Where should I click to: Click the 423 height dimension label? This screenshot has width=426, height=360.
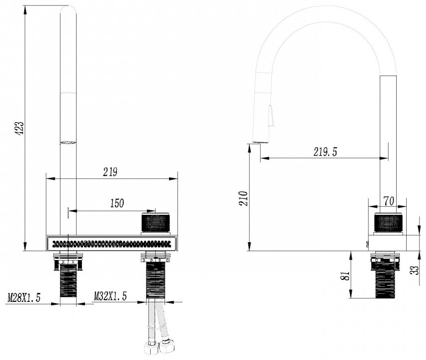[19, 128]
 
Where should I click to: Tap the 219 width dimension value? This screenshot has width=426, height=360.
[110, 172]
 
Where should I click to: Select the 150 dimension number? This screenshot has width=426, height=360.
[117, 203]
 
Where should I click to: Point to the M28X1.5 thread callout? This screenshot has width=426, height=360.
[24, 298]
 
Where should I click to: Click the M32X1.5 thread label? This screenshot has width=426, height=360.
[110, 296]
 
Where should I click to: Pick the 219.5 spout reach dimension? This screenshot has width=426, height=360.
[325, 152]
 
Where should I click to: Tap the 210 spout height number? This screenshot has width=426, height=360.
[244, 198]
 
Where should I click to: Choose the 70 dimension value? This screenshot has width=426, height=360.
[389, 201]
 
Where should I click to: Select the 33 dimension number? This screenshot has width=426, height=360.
[416, 270]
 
